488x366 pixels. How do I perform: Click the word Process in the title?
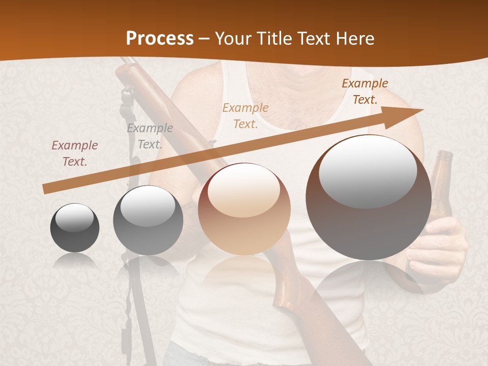click(x=160, y=38)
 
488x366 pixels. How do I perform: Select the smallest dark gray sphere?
click(x=75, y=228)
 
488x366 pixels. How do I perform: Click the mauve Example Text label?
click(x=75, y=154)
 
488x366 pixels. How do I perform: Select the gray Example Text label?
click(x=150, y=136)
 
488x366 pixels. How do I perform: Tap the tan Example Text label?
click(x=246, y=115)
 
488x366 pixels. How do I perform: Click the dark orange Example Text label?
click(x=365, y=91)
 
